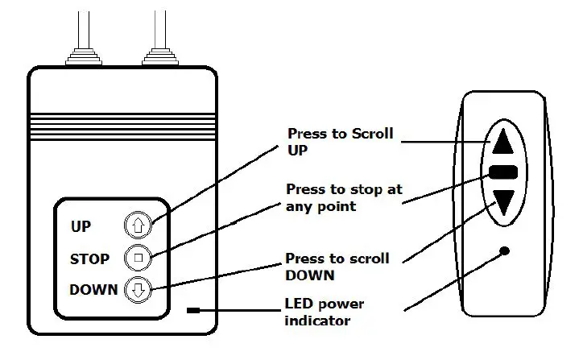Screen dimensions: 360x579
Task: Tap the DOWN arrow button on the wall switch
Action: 137,290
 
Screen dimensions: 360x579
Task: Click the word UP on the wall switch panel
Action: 81,227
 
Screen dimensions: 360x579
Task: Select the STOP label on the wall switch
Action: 89,259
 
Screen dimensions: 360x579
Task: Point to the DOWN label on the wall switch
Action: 93,290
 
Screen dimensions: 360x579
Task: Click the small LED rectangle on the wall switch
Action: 194,309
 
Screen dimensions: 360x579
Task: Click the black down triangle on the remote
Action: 503,201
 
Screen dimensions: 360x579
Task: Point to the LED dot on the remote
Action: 504,250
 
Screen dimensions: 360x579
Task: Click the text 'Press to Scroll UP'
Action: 340,142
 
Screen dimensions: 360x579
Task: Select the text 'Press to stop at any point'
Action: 344,197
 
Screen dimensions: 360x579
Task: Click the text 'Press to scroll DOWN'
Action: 337,267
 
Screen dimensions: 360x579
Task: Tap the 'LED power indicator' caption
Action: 325,312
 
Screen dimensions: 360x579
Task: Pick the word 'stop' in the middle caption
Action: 358,190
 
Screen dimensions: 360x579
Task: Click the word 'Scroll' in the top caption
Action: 371,134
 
